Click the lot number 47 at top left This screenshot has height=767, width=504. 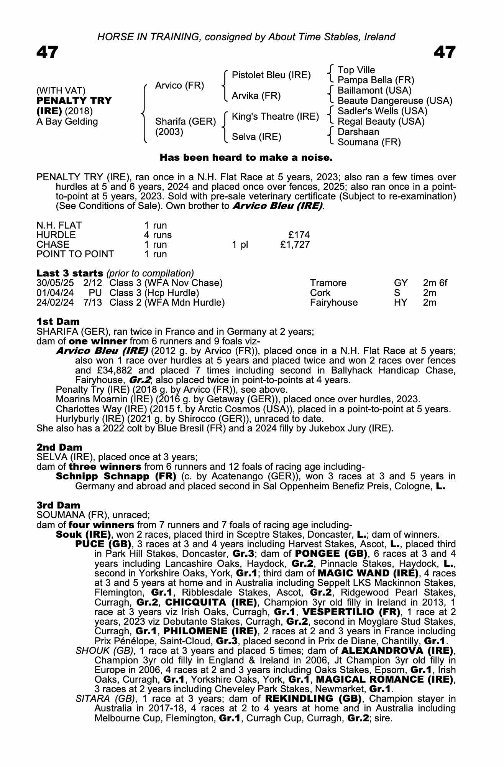[47, 52]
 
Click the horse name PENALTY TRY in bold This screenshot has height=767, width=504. [74, 101]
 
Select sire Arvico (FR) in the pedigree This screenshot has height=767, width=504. [179, 86]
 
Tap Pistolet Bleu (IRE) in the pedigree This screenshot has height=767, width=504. [271, 75]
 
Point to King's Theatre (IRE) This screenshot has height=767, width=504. [275, 117]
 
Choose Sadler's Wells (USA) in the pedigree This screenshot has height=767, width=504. [382, 111]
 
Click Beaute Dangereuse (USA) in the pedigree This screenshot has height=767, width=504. [395, 101]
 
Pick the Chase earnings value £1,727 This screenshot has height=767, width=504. [295, 245]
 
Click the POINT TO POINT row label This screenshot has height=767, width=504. [75, 254]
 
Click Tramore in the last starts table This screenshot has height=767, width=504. [328, 283]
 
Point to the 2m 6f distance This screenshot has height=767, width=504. [435, 283]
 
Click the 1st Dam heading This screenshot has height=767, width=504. [58, 321]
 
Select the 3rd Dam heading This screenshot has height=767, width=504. [58, 505]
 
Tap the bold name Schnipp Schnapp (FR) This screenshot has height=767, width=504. [116, 477]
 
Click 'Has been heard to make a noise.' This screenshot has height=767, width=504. [246, 158]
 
